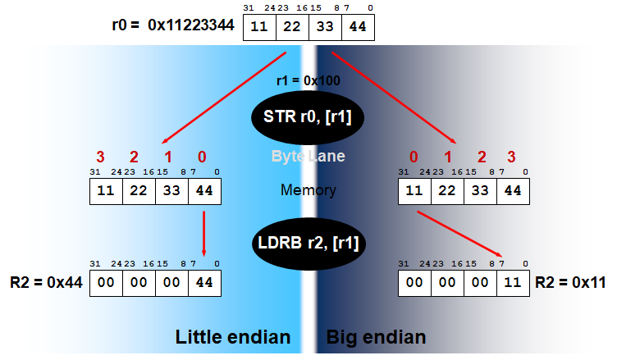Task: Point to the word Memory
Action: click(x=308, y=190)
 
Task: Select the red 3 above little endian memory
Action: click(x=101, y=157)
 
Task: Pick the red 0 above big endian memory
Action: click(x=414, y=157)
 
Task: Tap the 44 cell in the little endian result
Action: click(x=203, y=282)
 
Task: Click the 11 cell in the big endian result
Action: click(x=513, y=282)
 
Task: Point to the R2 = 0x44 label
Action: click(x=40, y=283)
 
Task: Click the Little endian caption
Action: click(x=233, y=337)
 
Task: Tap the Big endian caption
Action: click(x=376, y=337)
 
